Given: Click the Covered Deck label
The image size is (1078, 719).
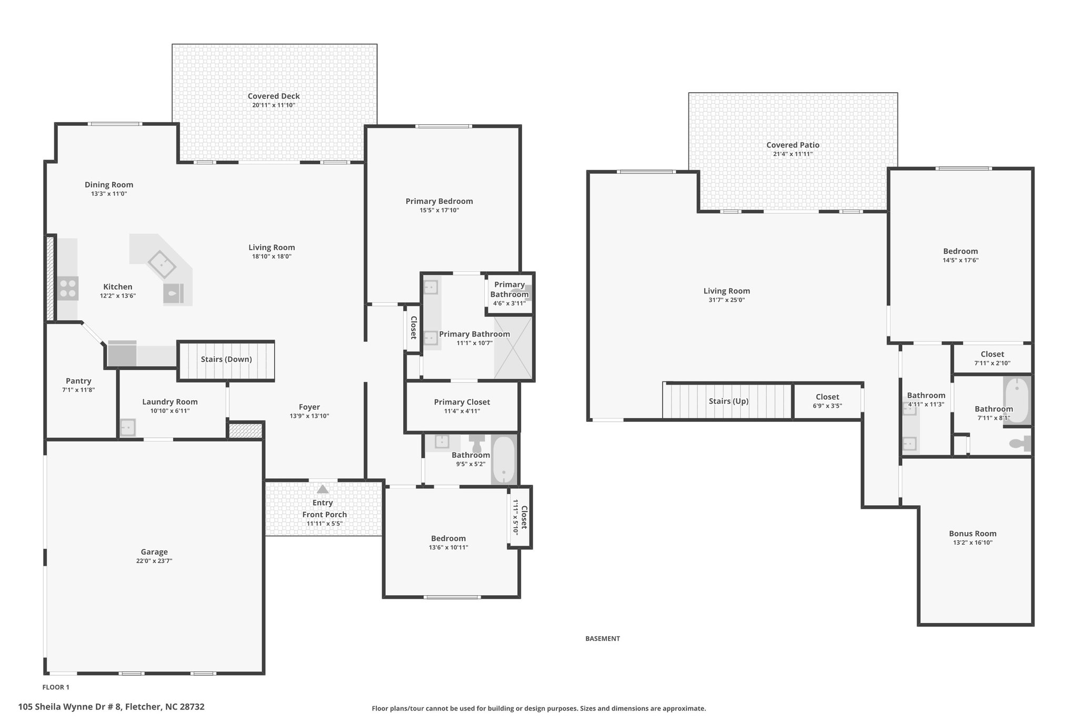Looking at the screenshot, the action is [x=274, y=96].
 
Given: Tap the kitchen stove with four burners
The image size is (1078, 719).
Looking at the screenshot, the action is [x=68, y=288].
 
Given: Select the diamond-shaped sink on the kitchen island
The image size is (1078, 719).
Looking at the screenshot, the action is [x=162, y=264].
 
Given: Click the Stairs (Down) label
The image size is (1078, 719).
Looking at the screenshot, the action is [x=226, y=359].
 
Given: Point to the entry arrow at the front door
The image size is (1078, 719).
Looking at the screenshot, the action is [x=323, y=489].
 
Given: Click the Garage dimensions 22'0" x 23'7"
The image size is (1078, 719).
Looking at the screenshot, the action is [x=154, y=561].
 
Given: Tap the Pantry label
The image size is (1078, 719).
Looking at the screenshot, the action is [x=78, y=381].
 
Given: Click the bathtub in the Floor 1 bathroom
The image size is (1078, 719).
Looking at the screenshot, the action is [x=504, y=459].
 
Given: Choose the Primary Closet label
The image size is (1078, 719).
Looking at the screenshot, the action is [x=462, y=402].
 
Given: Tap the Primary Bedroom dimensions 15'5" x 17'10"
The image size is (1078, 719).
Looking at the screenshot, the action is [x=440, y=210].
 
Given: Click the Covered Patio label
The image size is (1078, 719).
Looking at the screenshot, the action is [x=793, y=145].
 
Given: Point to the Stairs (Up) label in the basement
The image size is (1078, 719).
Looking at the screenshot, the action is [x=728, y=401].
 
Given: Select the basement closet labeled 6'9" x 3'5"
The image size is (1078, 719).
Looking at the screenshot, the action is [x=827, y=401].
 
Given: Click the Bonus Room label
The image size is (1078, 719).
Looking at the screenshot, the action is [x=973, y=533].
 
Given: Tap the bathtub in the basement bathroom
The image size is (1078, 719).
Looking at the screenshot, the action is [x=1017, y=401].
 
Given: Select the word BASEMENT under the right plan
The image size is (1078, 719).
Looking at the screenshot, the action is [x=603, y=638].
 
